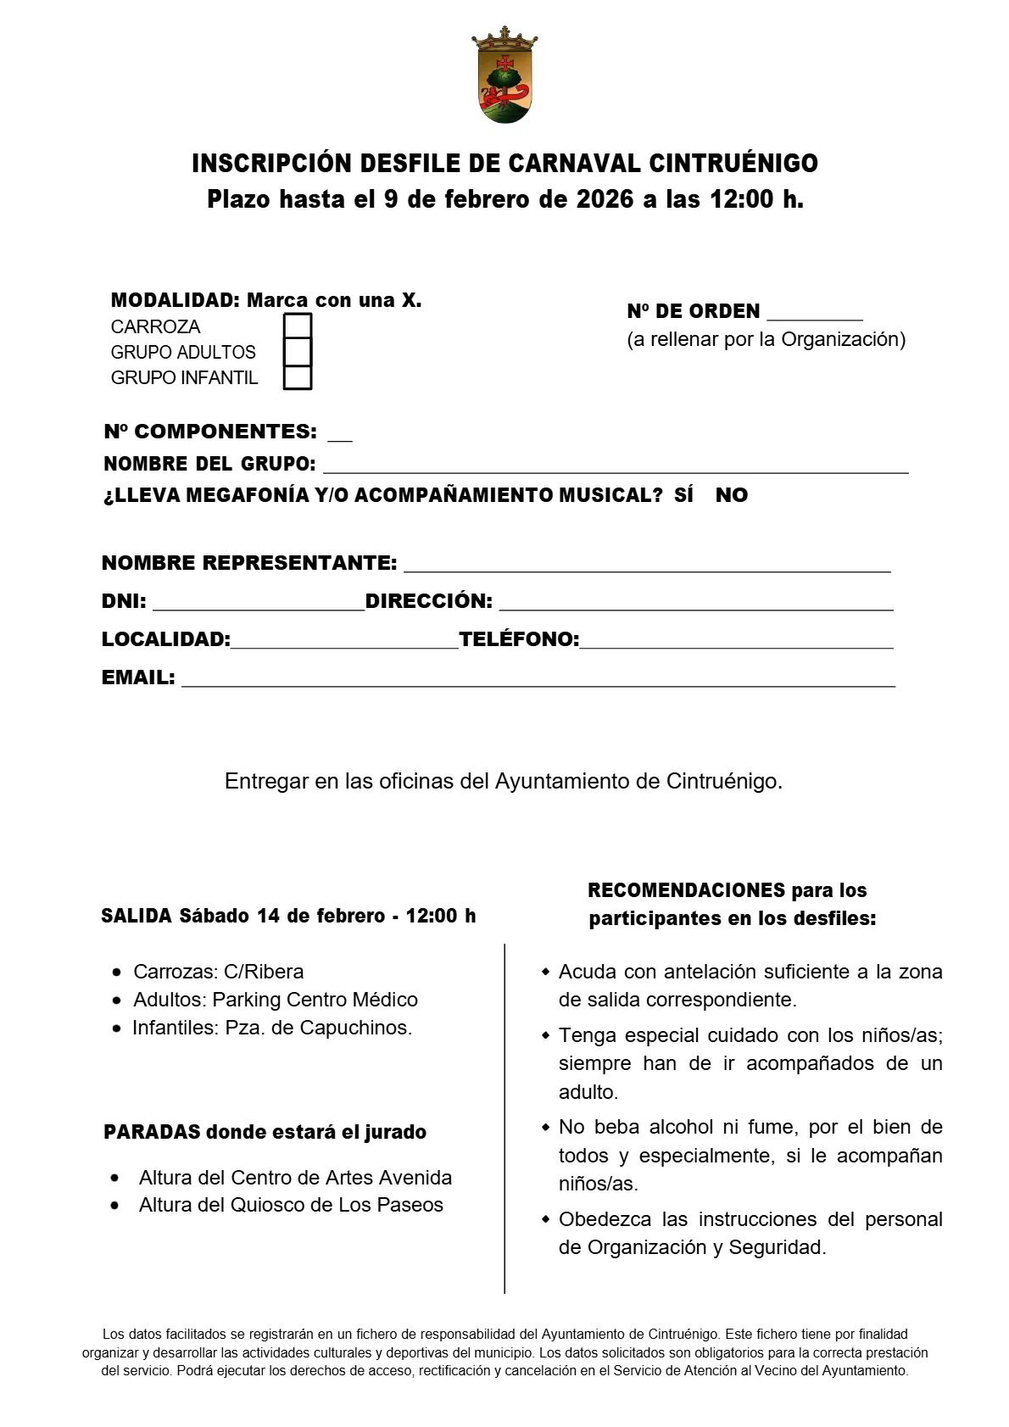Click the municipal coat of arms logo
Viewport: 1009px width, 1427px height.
click(504, 75)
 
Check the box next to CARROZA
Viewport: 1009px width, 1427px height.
click(297, 326)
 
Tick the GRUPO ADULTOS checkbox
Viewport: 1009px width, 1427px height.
click(297, 352)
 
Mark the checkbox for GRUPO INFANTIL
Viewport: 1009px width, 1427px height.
click(297, 377)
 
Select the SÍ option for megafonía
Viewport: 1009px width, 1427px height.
click(683, 495)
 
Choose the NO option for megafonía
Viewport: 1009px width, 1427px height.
click(731, 495)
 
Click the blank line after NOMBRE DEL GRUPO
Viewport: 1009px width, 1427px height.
click(615, 467)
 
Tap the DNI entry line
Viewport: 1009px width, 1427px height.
click(258, 605)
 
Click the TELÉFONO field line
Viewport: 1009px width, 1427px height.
click(736, 643)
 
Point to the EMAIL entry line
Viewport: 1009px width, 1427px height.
click(538, 681)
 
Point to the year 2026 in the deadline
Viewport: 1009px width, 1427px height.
click(605, 199)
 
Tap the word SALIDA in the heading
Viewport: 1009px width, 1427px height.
click(137, 916)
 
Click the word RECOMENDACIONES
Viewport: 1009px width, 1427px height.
click(686, 890)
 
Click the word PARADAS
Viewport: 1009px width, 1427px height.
click(152, 1132)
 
